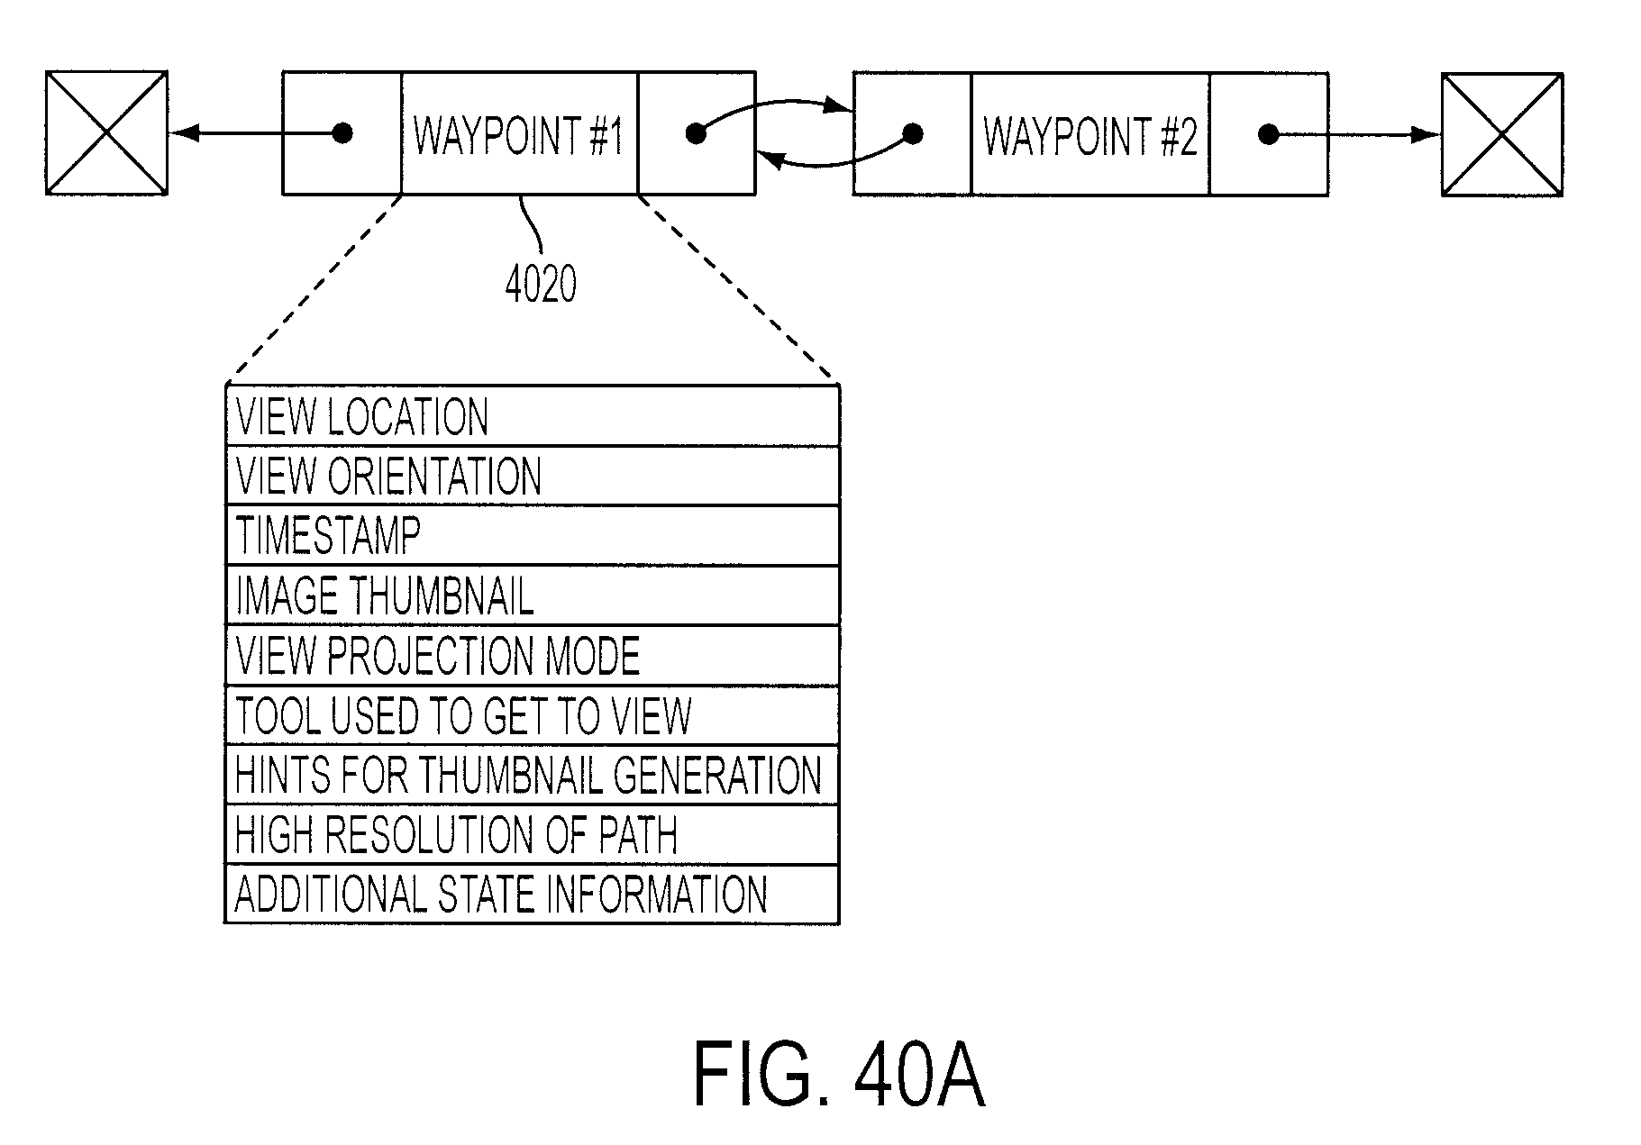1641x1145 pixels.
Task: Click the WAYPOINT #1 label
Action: pyautogui.click(x=518, y=135)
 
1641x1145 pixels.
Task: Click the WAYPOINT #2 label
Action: pyautogui.click(x=1090, y=136)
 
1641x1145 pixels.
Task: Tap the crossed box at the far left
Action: pyautogui.click(x=106, y=132)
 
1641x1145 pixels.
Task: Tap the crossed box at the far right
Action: pyautogui.click(x=1502, y=135)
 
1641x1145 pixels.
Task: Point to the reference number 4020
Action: pyautogui.click(x=541, y=285)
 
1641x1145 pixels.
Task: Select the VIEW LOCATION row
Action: pyautogui.click(x=532, y=416)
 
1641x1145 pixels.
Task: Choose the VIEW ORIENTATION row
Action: pyautogui.click(x=532, y=476)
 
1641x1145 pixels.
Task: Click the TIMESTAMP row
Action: pyautogui.click(x=532, y=536)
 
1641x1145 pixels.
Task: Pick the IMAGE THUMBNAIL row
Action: pyautogui.click(x=532, y=595)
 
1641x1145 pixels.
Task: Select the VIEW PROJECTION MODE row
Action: pyautogui.click(x=532, y=656)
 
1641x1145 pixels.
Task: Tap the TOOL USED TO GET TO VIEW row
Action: pyautogui.click(x=532, y=715)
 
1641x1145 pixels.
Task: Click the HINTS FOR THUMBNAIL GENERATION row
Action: pyautogui.click(x=532, y=775)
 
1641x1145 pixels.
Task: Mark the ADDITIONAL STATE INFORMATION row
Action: pyautogui.click(x=532, y=895)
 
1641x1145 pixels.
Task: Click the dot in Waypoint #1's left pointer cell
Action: pyautogui.click(x=342, y=134)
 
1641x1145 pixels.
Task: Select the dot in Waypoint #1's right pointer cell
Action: pyautogui.click(x=696, y=134)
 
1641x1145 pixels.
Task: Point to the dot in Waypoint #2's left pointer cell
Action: pyautogui.click(x=913, y=135)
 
